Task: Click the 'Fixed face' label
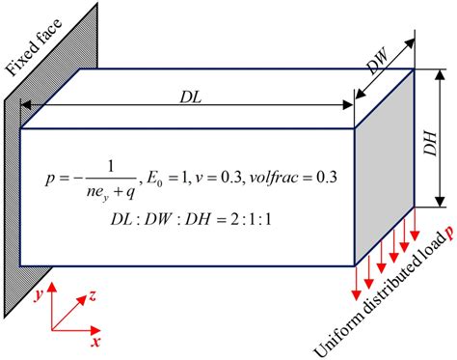click(x=30, y=42)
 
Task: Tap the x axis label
click(x=96, y=341)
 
